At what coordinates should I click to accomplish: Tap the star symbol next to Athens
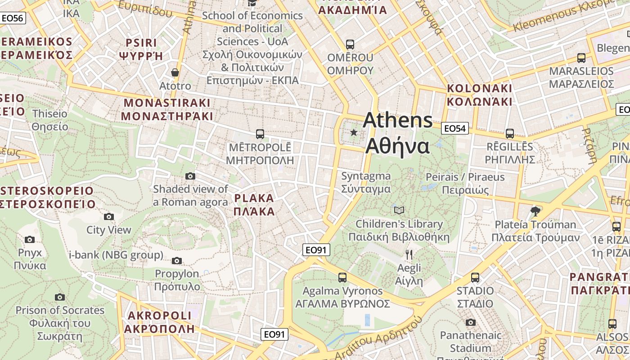tap(354, 132)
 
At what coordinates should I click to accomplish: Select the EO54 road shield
tap(454, 129)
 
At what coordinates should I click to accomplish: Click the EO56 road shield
tap(12, 18)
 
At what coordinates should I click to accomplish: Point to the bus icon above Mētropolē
tap(260, 134)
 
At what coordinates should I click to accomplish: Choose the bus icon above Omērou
tap(350, 45)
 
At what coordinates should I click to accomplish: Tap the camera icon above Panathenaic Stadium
tap(471, 322)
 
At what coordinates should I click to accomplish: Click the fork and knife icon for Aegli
tap(409, 255)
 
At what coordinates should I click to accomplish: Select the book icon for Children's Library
tap(399, 210)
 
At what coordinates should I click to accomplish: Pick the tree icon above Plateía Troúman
tap(535, 211)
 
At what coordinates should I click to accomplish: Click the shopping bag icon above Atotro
tap(175, 72)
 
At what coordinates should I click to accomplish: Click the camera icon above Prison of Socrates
tap(60, 297)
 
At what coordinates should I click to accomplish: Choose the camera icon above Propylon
tap(177, 261)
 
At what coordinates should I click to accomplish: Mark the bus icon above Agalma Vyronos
tap(342, 278)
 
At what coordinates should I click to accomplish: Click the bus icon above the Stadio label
tap(475, 278)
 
